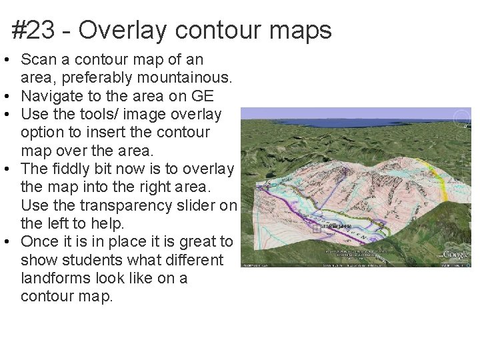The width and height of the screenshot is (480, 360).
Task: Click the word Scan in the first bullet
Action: (37, 60)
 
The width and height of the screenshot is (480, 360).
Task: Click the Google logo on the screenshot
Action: (456, 254)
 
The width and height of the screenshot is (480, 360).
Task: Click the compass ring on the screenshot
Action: (462, 118)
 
